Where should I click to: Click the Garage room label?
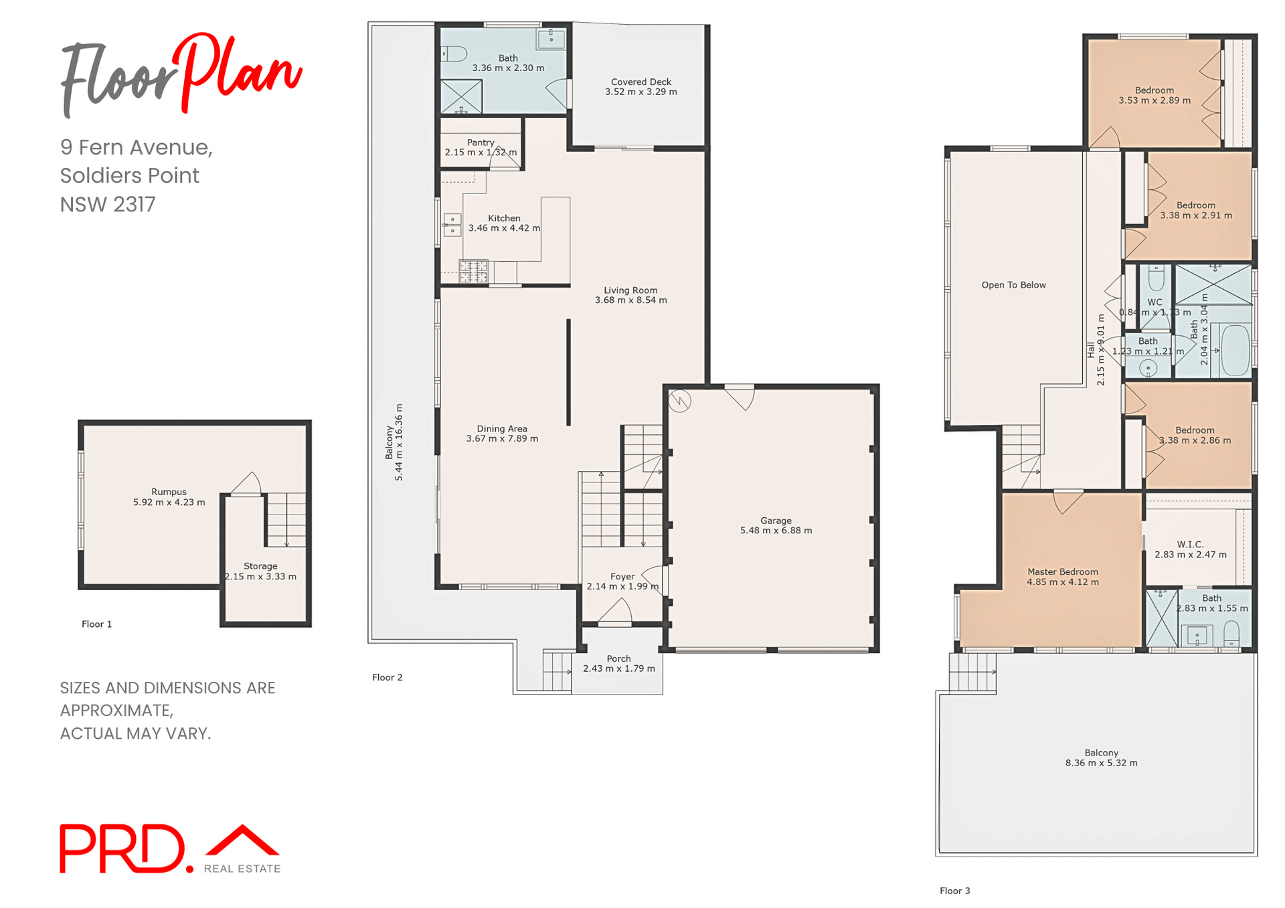[775, 521]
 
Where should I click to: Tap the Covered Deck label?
[640, 82]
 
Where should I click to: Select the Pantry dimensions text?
[481, 153]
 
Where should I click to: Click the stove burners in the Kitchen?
[473, 272]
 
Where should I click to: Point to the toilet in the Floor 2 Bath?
[454, 54]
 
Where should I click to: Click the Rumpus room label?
[169, 492]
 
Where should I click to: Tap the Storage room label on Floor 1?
[260, 566]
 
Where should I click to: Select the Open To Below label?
[1013, 285]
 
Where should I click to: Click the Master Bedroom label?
[1062, 572]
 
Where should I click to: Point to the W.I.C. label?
[1190, 545]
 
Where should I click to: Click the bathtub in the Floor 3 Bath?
[1235, 351]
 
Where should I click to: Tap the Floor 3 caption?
[954, 891]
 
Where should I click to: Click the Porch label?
[618, 659]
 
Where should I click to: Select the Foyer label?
[622, 577]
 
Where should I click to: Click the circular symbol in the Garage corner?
[679, 401]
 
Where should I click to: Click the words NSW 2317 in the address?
[108, 204]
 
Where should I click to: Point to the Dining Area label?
[502, 429]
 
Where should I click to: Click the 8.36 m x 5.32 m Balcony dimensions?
[1101, 763]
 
